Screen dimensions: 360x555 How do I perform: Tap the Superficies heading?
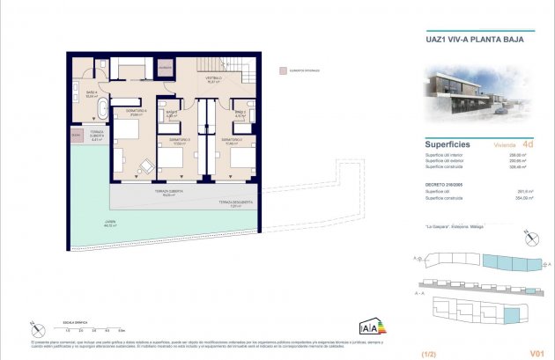point(448,143)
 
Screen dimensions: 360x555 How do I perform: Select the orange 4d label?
point(528,143)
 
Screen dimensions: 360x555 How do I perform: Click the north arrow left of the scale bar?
point(34,327)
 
